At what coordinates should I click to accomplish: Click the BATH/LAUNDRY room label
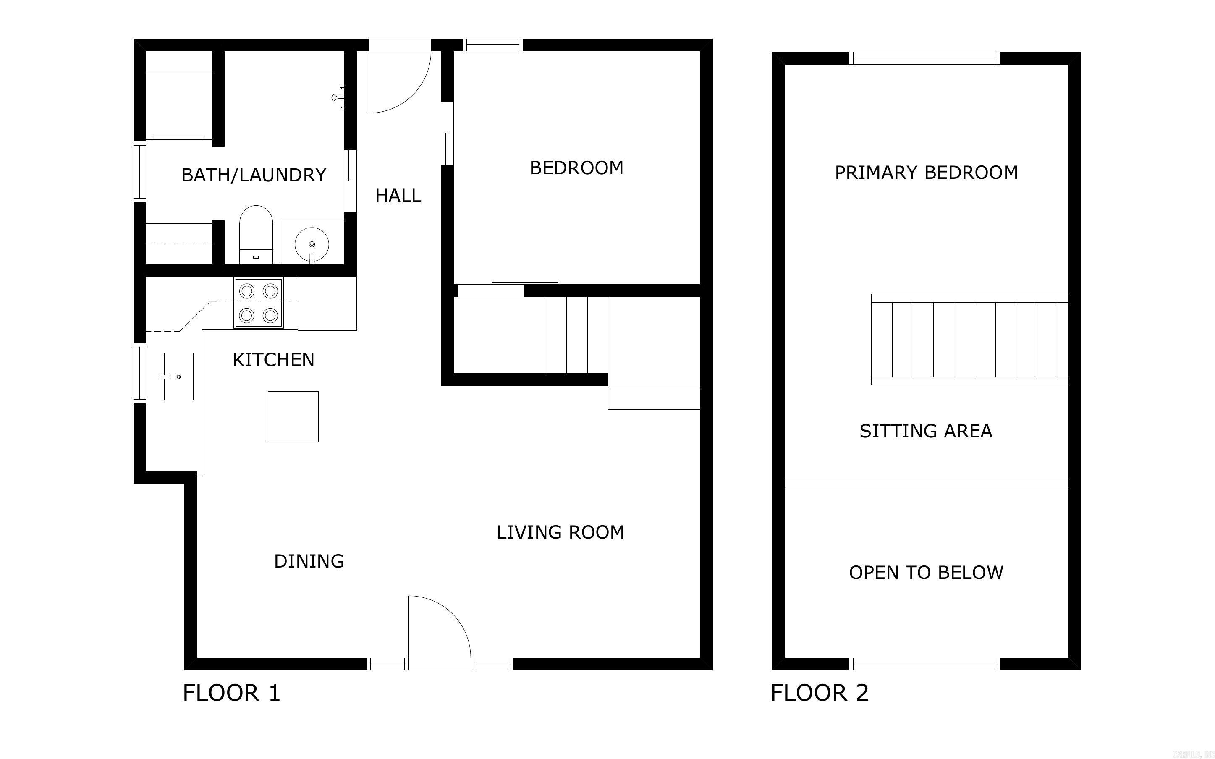click(254, 175)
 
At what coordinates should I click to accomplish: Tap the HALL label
click(398, 195)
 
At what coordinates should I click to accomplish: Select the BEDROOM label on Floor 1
click(576, 168)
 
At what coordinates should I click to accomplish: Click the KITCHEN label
click(273, 359)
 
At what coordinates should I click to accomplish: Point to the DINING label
click(309, 561)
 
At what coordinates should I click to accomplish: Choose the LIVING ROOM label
click(560, 532)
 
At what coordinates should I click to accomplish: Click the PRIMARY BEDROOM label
click(926, 172)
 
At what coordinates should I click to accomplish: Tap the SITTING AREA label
click(925, 431)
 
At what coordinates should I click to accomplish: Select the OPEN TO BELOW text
click(925, 572)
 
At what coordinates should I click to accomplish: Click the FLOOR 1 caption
click(231, 693)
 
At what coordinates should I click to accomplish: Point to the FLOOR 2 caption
click(819, 693)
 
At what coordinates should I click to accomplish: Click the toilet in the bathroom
click(256, 233)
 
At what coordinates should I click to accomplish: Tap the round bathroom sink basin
click(312, 244)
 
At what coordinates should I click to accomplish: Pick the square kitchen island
click(293, 416)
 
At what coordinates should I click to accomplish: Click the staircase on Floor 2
click(969, 339)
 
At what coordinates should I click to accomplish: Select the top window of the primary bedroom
click(924, 59)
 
